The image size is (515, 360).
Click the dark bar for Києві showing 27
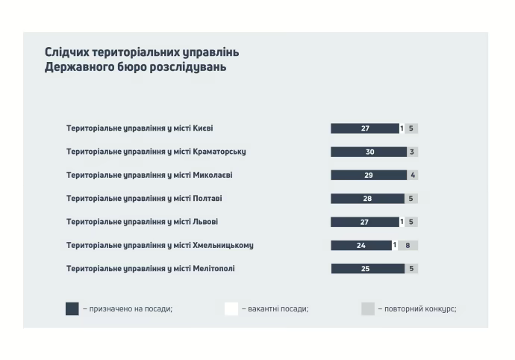tap(365, 128)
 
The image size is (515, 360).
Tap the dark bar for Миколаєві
tap(368, 175)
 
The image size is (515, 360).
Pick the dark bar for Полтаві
tap(366, 199)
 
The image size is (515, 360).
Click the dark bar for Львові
tap(365, 222)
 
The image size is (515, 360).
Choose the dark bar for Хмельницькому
tap(361, 245)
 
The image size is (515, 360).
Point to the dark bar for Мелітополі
tap(365, 269)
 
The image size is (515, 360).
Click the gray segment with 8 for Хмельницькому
tap(408, 245)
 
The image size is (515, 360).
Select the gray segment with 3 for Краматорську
tap(412, 152)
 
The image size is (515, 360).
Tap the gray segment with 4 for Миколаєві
tap(412, 175)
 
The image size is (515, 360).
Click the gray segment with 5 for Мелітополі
tap(411, 269)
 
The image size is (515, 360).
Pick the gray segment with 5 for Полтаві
tap(411, 199)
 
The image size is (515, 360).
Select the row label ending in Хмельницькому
tap(160, 245)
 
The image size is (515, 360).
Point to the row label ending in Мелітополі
tap(150, 269)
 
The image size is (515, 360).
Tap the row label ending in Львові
tap(142, 222)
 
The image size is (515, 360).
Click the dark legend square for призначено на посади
tap(72, 308)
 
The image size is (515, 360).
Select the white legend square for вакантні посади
tap(231, 308)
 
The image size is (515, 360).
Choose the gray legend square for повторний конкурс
tap(368, 308)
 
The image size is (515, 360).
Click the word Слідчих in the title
tap(68, 53)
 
